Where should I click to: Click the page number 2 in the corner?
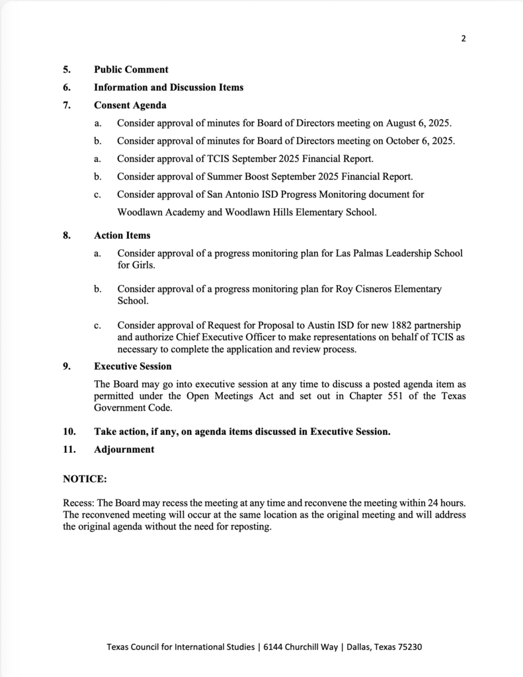(x=463, y=38)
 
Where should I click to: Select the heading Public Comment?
(x=131, y=69)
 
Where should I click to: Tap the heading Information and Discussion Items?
(x=169, y=87)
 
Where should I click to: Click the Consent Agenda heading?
(x=130, y=105)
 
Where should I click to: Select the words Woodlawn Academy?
(x=158, y=212)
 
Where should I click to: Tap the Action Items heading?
(x=122, y=235)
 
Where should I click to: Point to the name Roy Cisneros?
(x=353, y=289)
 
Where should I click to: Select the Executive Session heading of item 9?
(x=133, y=366)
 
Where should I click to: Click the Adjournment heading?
(x=124, y=450)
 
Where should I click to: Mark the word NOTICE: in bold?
(x=85, y=478)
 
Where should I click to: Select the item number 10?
(x=69, y=432)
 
